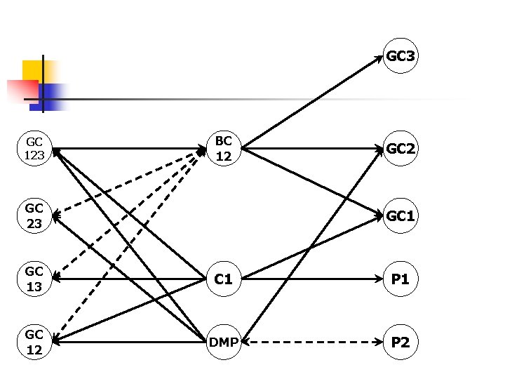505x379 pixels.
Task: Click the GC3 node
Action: [x=400, y=56]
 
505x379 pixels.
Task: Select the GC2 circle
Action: [x=400, y=149]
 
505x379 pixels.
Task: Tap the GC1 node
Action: [x=400, y=217]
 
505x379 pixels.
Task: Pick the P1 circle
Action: [x=400, y=279]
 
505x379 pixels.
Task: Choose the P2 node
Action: [x=400, y=343]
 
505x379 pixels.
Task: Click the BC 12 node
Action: [x=224, y=149]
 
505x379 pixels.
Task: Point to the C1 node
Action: [x=224, y=279]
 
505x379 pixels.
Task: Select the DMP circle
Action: [x=224, y=343]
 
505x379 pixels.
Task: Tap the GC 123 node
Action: [x=34, y=149]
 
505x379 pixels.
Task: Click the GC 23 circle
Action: [x=34, y=217]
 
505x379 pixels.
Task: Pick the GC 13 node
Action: [x=34, y=279]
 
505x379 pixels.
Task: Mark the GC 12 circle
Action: [x=34, y=343]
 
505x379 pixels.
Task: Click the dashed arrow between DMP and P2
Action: [x=312, y=343]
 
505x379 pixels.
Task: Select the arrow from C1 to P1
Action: [x=312, y=279]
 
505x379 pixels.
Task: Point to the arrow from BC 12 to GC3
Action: [x=312, y=102]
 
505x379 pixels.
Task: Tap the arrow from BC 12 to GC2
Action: [x=312, y=149]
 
